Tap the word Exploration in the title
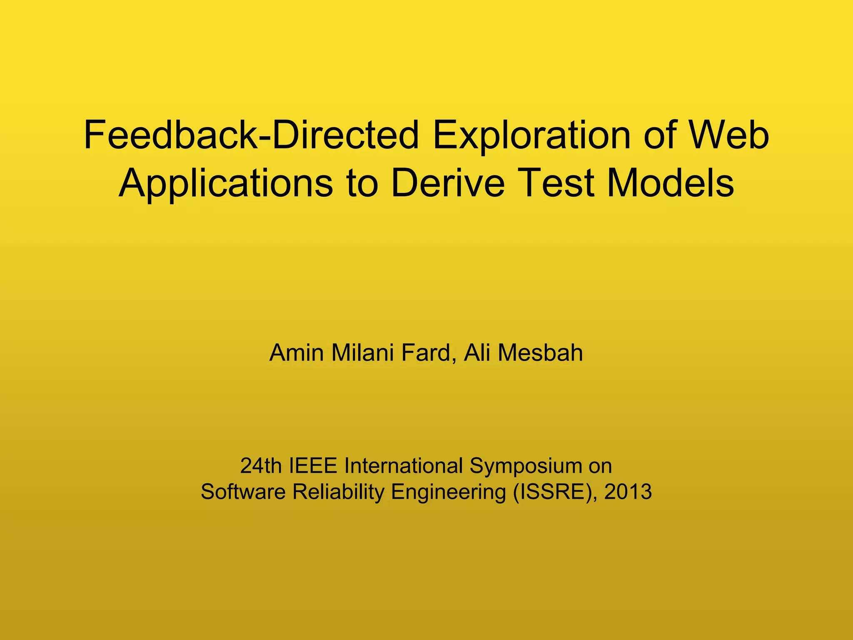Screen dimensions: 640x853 click(531, 135)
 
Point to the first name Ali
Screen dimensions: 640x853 click(476, 353)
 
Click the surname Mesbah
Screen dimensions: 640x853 click(540, 353)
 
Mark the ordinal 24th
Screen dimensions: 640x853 click(261, 466)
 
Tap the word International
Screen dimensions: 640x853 click(403, 466)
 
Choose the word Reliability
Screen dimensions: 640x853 click(338, 492)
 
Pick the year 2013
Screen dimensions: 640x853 click(628, 492)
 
